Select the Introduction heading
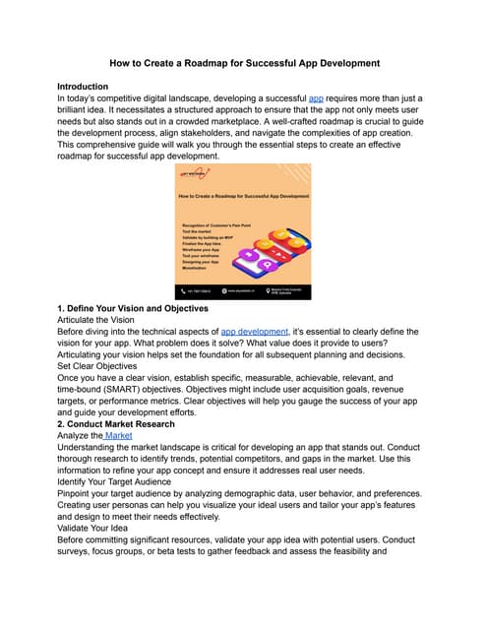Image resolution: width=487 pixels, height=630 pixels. tap(89, 87)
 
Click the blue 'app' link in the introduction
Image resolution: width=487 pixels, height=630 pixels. tap(315, 100)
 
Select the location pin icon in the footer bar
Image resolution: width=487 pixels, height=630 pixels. tap(272, 291)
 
